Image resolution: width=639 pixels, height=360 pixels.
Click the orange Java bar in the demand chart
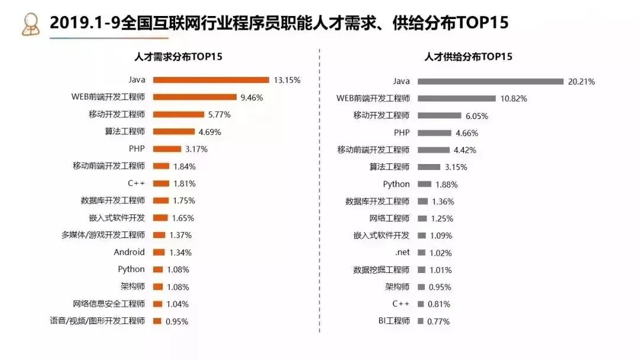click(x=211, y=80)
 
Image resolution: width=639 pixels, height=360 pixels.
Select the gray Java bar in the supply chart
click(x=490, y=81)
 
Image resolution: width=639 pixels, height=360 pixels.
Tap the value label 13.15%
click(x=287, y=80)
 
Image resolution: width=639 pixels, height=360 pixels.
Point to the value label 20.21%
click(x=581, y=82)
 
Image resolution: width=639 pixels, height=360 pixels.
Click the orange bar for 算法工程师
click(x=174, y=131)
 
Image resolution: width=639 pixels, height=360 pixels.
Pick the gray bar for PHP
click(x=438, y=133)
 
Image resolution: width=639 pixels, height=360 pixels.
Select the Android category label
click(x=129, y=252)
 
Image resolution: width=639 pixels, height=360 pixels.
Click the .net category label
click(x=402, y=253)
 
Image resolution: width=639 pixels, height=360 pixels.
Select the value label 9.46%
click(x=251, y=97)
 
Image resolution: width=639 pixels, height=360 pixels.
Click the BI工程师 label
click(x=394, y=321)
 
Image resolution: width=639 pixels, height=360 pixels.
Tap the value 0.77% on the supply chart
click(x=438, y=322)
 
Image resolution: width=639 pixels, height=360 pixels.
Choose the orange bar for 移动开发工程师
click(x=178, y=114)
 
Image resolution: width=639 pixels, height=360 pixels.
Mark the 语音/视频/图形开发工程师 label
click(x=98, y=321)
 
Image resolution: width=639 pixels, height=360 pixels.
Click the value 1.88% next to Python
click(x=446, y=184)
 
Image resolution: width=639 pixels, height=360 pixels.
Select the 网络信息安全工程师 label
click(x=109, y=304)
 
